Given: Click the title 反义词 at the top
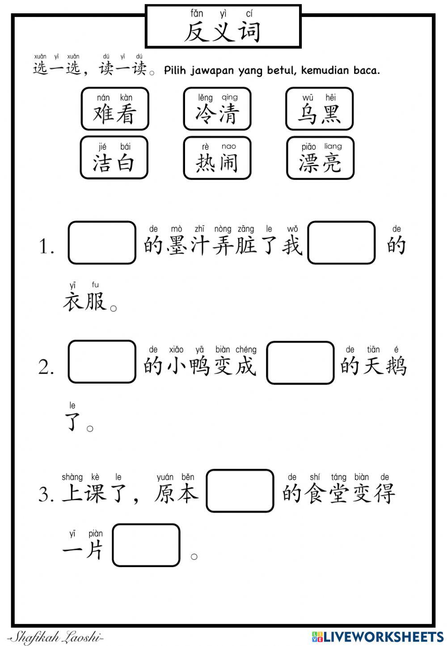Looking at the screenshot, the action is [x=223, y=31].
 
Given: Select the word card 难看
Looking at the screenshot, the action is [x=114, y=109].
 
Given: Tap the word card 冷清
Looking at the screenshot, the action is [x=217, y=109].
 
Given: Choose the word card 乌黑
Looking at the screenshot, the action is [x=319, y=109].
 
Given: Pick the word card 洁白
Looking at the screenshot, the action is [x=114, y=158].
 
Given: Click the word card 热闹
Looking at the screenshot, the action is [x=217, y=158].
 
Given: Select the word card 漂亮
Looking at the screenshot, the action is [x=320, y=158].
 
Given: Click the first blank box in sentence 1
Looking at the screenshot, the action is [x=102, y=243].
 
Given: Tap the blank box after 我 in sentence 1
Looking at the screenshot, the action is [x=342, y=243].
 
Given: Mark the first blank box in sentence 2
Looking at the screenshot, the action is [x=102, y=362].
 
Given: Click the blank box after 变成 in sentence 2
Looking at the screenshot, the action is [x=300, y=363].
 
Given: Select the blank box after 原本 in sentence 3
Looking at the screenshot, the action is [x=240, y=491].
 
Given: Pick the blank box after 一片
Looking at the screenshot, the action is [x=146, y=545].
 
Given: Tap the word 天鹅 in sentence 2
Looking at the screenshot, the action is [x=384, y=366].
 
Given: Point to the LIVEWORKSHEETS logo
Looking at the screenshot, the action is [x=378, y=637].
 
